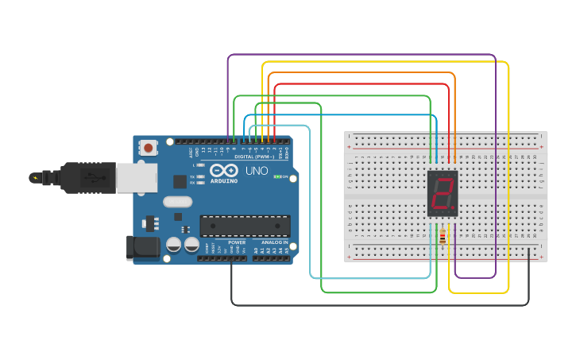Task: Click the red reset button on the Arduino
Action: point(149,147)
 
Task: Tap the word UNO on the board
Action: point(256,171)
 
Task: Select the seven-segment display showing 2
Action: point(443,193)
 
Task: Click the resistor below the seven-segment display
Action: point(442,236)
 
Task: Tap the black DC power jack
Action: point(143,247)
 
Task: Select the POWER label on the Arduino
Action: point(237,242)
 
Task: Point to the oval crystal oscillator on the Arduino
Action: point(178,202)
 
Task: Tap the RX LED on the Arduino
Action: point(202,182)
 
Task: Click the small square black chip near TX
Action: point(180,181)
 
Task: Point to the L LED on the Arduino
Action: point(202,165)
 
